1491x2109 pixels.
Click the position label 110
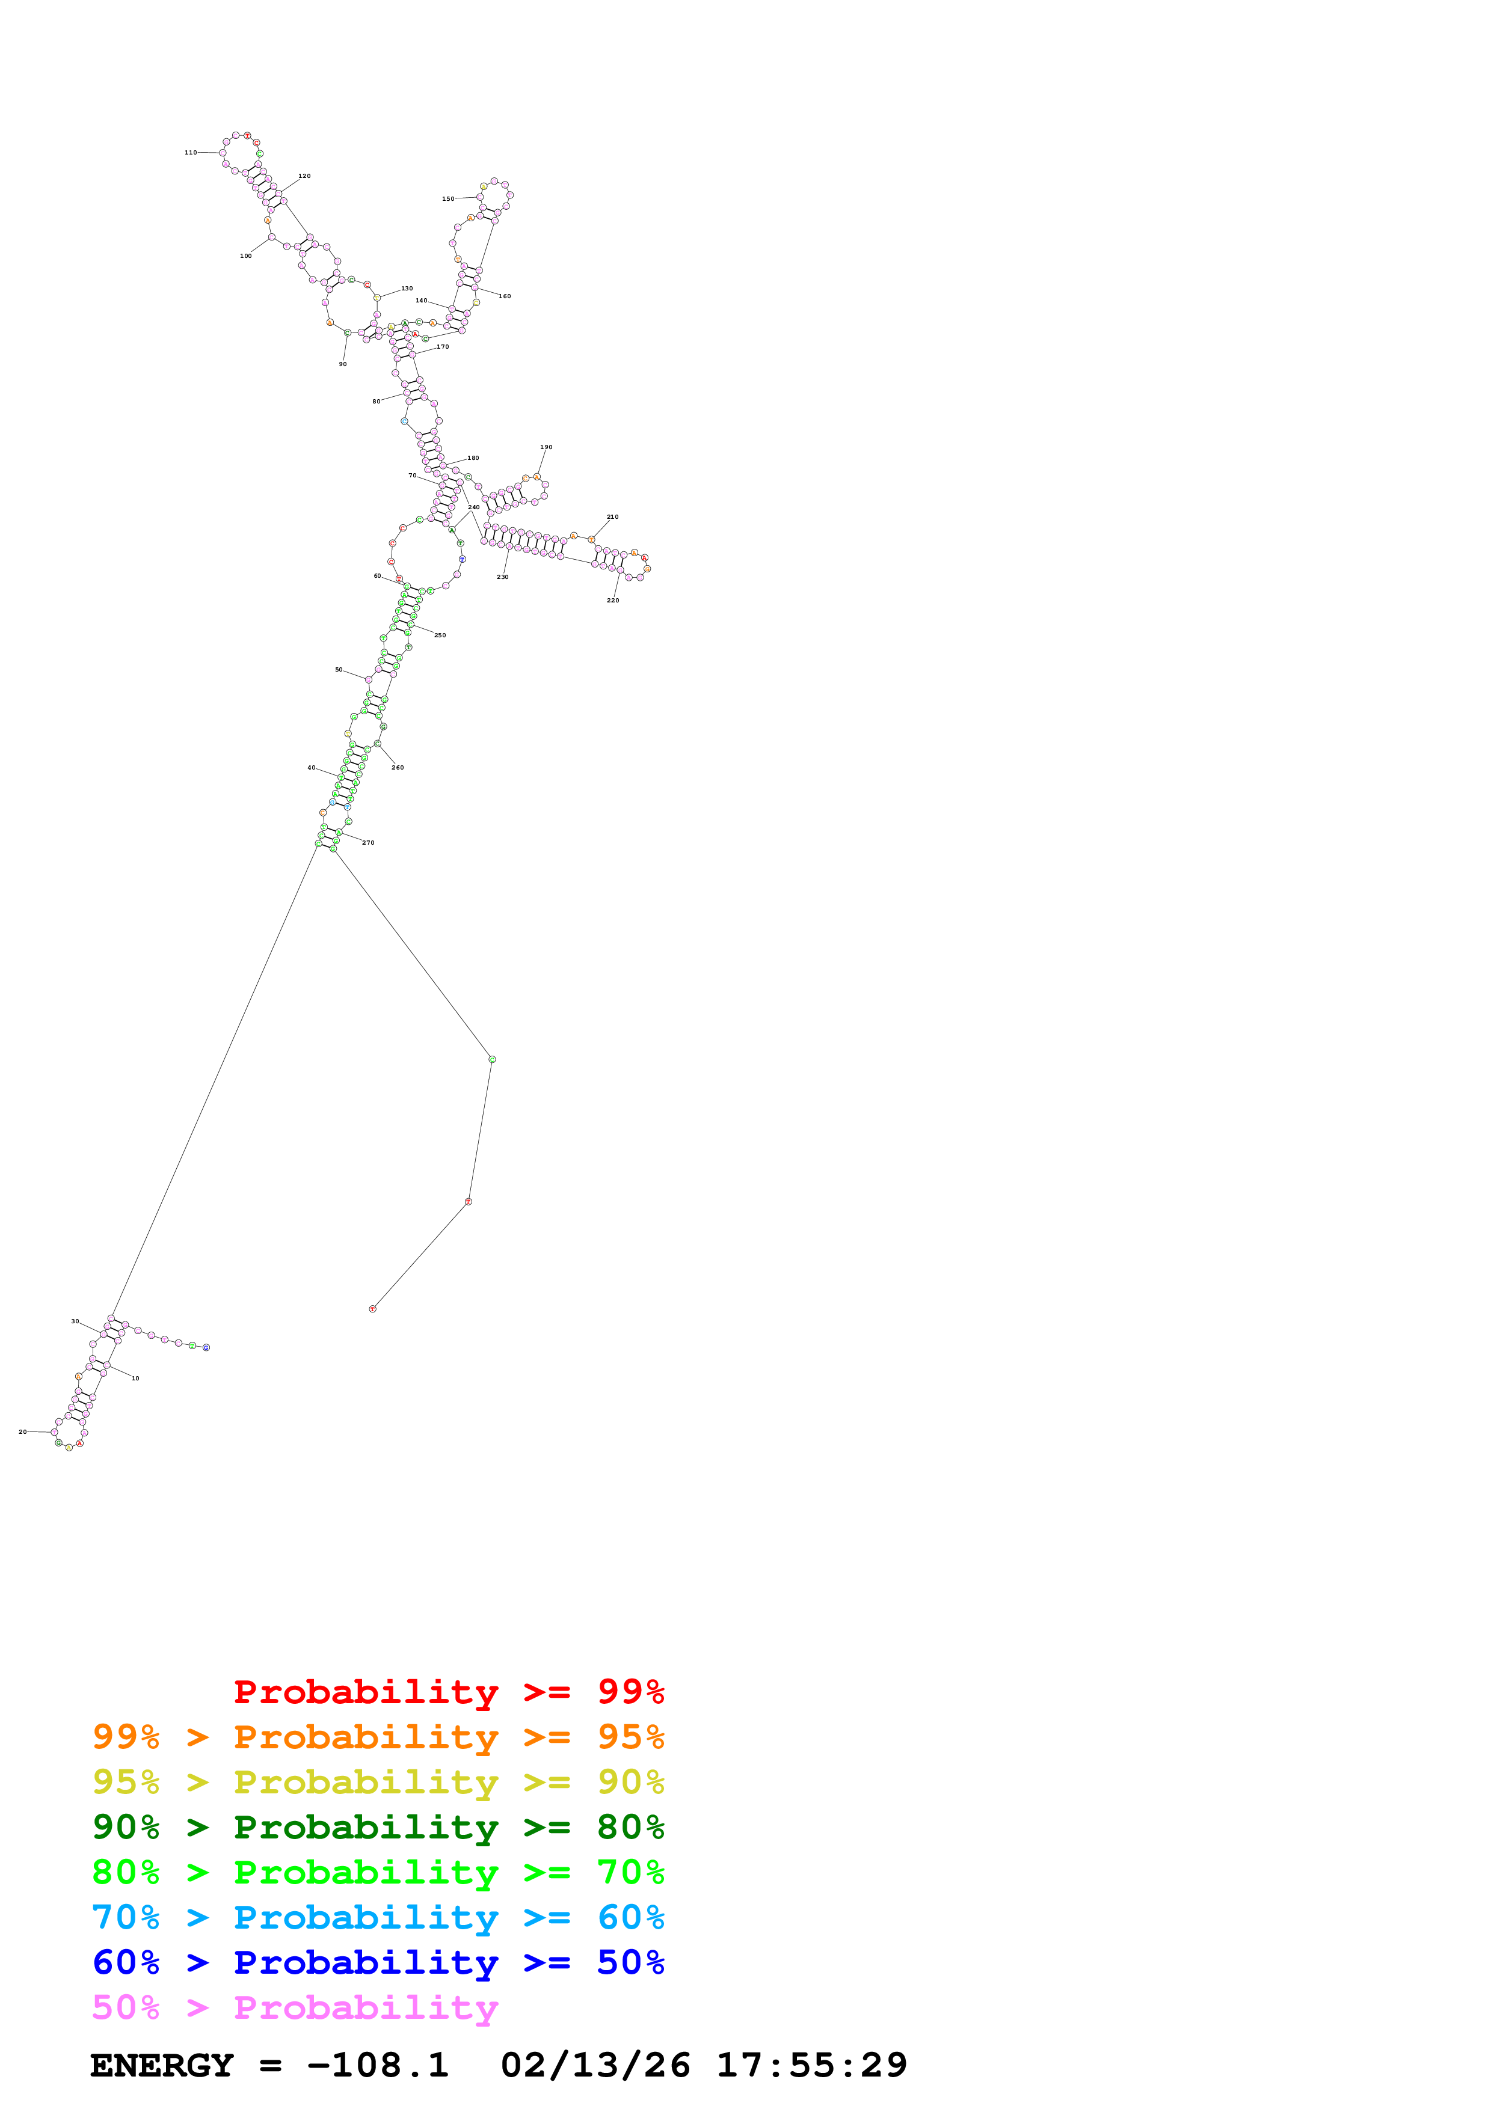pos(190,153)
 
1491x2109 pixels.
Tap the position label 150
pos(447,198)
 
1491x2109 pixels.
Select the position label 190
pos(546,447)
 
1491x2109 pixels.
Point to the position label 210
pos(613,517)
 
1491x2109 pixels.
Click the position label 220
pos(613,601)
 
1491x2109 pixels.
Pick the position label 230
pos(502,577)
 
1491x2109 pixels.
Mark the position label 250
pos(440,635)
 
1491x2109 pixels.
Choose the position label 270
pos(368,842)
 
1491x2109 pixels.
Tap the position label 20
pos(23,1431)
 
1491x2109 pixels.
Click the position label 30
pos(75,1321)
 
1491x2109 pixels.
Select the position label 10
pos(135,1378)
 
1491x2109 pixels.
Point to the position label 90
pos(343,365)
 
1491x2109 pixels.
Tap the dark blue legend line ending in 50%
pos(378,1962)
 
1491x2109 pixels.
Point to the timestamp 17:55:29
pos(811,2065)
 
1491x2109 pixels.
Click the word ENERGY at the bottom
pos(162,2065)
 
